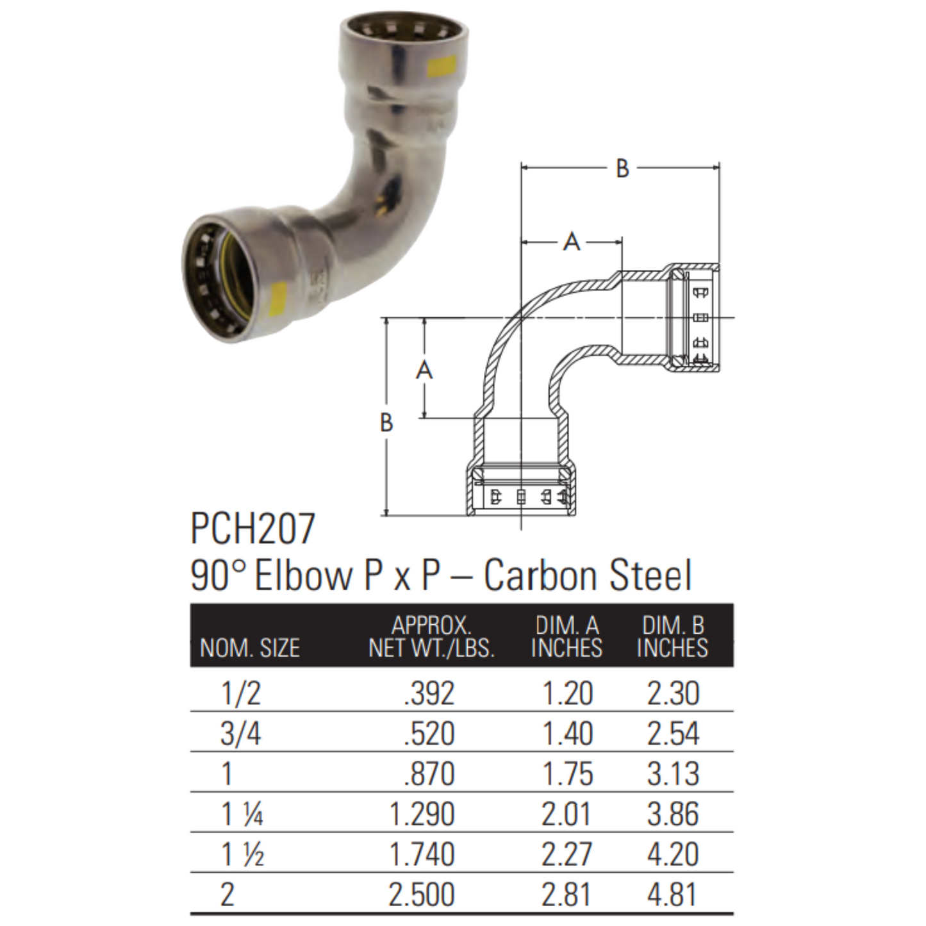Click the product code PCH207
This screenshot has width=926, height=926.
point(252,529)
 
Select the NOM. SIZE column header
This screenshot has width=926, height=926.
point(249,649)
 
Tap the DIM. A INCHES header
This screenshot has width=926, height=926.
point(566,636)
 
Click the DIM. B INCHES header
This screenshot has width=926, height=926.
point(672,636)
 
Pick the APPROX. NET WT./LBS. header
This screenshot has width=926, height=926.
point(431,636)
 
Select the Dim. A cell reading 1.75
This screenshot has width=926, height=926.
point(567,774)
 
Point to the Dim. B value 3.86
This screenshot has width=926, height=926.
point(672,814)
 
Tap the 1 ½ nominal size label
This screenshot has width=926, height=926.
point(242,855)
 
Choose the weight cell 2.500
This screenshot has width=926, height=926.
point(421,895)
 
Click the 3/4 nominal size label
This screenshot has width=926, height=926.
point(240,734)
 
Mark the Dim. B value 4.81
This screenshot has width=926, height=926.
point(672,895)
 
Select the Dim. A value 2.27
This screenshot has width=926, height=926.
point(567,855)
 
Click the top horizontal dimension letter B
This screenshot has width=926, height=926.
point(622,169)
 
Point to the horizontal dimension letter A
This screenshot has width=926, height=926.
point(572,242)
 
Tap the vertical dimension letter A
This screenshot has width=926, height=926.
point(424,370)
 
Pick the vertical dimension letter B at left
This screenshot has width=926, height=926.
point(386,423)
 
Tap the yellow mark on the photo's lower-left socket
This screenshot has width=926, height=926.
point(279,295)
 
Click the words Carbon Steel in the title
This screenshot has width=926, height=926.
point(588,575)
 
